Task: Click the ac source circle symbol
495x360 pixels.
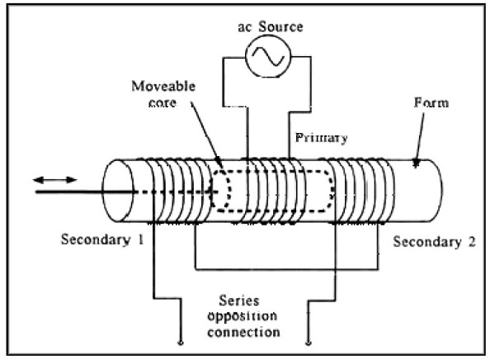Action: (268, 56)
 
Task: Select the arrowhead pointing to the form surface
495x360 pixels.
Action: (417, 163)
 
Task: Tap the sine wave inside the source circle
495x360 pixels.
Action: (268, 56)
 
